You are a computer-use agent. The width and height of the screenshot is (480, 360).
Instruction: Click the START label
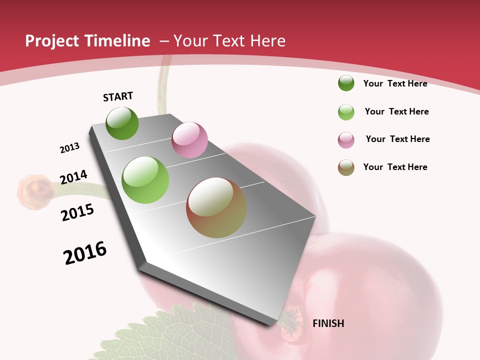pyautogui.click(x=118, y=96)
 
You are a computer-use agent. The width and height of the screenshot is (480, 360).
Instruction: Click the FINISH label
pyautogui.click(x=328, y=323)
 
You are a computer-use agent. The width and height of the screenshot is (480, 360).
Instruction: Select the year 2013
pyautogui.click(x=69, y=148)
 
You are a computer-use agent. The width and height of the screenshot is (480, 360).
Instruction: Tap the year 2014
pyautogui.click(x=73, y=177)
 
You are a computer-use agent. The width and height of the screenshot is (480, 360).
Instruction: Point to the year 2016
pyautogui.click(x=85, y=253)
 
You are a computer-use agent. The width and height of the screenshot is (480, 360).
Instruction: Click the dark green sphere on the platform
pyautogui.click(x=122, y=123)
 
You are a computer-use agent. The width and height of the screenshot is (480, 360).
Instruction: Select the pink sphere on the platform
pyautogui.click(x=189, y=140)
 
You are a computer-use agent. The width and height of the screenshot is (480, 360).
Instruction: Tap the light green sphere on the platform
pyautogui.click(x=145, y=180)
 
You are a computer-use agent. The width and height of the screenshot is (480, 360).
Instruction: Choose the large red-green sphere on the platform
pyautogui.click(x=216, y=207)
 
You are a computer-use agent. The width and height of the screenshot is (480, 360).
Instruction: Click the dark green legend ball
pyautogui.click(x=346, y=83)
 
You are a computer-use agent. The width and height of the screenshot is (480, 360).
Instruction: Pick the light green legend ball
pyautogui.click(x=346, y=112)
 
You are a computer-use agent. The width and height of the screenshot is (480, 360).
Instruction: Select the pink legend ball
pyautogui.click(x=346, y=140)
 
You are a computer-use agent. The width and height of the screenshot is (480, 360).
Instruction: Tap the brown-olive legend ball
pyautogui.click(x=346, y=167)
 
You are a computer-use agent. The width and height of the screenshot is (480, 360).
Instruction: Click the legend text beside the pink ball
pyautogui.click(x=397, y=139)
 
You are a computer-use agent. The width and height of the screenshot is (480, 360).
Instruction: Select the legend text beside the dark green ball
pyautogui.click(x=395, y=83)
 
